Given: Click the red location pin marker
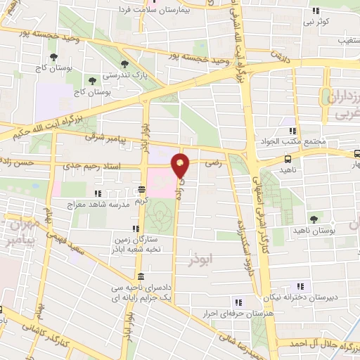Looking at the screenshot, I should [x=181, y=166].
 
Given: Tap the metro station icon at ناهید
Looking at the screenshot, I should [x=288, y=160].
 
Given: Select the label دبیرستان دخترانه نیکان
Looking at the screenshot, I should [x=302, y=297].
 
